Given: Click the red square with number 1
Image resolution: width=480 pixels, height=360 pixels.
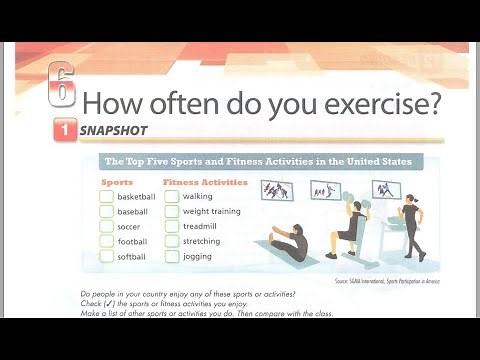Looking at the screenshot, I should click(63, 129).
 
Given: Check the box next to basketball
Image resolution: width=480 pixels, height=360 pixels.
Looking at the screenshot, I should click(106, 197).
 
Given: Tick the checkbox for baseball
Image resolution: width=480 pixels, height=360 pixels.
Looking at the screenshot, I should click(106, 212).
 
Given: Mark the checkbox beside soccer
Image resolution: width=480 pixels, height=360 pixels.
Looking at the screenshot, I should click(106, 227).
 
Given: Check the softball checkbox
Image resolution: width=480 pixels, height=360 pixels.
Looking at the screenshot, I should click(106, 257).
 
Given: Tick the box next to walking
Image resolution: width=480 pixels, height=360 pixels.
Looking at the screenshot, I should click(171, 197).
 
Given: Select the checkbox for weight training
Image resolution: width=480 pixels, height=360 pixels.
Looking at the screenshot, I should click(171, 212).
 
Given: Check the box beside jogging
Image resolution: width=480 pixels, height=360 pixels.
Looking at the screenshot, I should click(171, 257).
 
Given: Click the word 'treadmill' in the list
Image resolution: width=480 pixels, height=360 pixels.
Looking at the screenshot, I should click(201, 227).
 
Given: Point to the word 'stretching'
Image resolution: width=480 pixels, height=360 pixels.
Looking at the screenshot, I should click(202, 242).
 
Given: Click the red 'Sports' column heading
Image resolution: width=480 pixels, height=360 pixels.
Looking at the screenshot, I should click(117, 183).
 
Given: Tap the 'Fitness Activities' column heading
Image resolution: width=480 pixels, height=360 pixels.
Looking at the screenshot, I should click(204, 183).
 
